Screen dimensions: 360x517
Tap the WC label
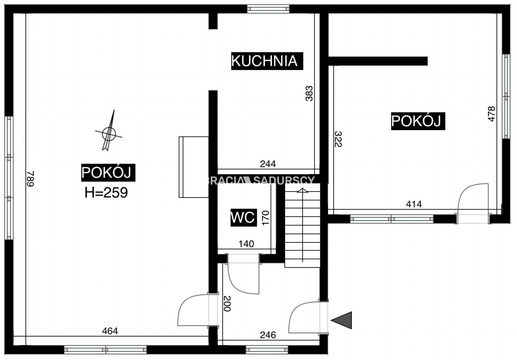pos(243,218)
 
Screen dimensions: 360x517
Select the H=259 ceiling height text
pos(106,193)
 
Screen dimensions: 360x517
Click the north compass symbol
pos(109,132)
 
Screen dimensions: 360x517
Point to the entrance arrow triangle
pos(342,320)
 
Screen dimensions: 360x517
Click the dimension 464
pos(110,331)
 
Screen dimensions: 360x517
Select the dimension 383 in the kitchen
pos(309,93)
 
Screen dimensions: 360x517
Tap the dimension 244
pos(268,164)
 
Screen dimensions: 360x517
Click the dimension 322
pos(338,139)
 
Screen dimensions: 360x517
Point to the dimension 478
pos(491,114)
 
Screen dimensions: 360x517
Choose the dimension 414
pos(414,204)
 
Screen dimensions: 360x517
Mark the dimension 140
pos(246,244)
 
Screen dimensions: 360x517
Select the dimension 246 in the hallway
pos(268,335)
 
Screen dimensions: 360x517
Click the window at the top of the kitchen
pos(268,9)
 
